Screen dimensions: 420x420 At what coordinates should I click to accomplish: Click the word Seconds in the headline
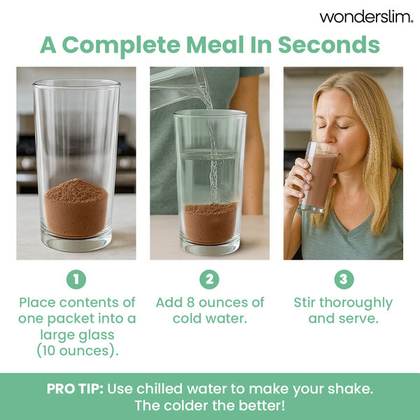[x=328, y=44]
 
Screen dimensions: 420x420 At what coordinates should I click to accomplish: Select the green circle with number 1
[x=76, y=279]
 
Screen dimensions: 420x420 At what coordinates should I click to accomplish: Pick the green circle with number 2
[x=209, y=279]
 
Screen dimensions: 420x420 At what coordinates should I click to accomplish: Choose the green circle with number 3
[x=343, y=279]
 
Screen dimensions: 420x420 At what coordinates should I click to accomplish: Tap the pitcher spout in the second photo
[x=203, y=98]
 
